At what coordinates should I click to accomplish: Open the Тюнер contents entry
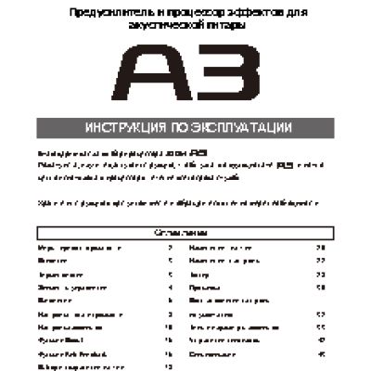tap(198, 275)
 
